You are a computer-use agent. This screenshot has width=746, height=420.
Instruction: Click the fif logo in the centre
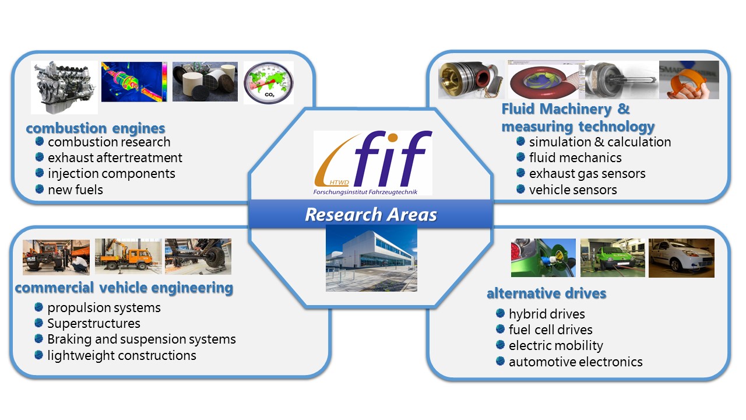[373, 162]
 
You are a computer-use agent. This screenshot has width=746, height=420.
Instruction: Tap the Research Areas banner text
[371, 215]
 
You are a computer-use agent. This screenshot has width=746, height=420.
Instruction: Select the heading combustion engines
[96, 128]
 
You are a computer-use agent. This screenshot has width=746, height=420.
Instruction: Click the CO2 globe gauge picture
[268, 82]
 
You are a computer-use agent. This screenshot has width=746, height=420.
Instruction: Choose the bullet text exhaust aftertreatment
[115, 157]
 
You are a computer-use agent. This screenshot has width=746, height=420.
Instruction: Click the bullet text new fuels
[75, 189]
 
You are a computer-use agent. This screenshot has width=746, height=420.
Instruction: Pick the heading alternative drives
[546, 293]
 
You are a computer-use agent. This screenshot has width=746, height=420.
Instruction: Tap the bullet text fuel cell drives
[550, 330]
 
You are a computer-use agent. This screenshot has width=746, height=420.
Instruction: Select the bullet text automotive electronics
[575, 362]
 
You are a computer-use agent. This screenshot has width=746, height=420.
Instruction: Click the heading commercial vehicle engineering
[124, 288]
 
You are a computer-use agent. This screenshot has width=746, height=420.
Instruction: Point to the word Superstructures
[94, 323]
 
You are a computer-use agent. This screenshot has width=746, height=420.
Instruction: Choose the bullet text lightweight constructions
[122, 355]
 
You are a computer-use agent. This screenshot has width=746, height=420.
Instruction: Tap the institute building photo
[371, 258]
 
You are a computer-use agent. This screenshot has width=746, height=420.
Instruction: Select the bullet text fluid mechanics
[575, 157]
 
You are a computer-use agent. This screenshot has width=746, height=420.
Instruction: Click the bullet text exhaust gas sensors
[587, 173]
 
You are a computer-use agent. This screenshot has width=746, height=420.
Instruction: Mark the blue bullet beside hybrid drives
[500, 314]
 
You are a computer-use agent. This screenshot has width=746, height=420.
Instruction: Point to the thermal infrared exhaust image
[135, 82]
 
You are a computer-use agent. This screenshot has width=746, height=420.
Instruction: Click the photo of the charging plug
[543, 257]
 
